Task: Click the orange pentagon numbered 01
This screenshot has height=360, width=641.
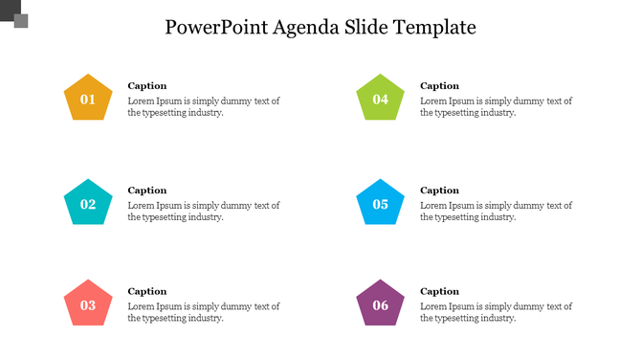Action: [x=88, y=98]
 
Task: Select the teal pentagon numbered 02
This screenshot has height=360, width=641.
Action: [x=88, y=203]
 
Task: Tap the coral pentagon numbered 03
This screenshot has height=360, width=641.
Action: [x=88, y=304]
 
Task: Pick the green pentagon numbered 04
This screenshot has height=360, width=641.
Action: [x=381, y=99]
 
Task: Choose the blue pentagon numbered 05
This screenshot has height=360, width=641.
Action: [x=381, y=203]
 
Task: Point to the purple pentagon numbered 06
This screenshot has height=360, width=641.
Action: [x=381, y=304]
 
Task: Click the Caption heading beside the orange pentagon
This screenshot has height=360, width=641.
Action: [x=147, y=85]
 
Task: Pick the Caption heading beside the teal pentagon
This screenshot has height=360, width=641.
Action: [x=147, y=190]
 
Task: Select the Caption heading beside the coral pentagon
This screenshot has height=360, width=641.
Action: [x=147, y=291]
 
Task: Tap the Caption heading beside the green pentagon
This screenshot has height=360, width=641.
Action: [x=440, y=85]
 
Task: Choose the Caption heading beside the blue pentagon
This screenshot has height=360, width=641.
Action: [x=440, y=190]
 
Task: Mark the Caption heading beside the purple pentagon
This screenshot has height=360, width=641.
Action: [x=440, y=291]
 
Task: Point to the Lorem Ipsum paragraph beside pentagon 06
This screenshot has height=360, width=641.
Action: [x=496, y=312]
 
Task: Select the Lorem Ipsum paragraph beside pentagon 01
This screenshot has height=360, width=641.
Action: [x=203, y=106]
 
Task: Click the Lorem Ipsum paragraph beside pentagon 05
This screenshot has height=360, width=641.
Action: [x=496, y=211]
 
